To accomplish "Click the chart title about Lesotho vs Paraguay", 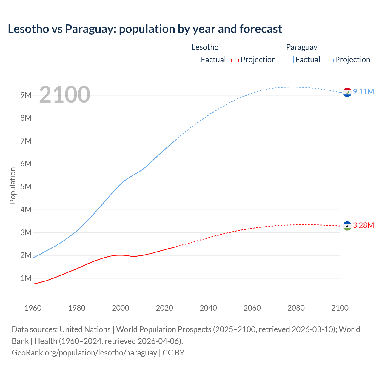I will (x=145, y=29).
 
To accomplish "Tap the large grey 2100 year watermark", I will (x=64, y=95).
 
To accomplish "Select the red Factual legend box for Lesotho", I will (x=195, y=59).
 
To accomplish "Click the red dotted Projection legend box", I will (x=235, y=59).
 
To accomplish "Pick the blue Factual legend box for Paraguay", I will (x=289, y=59).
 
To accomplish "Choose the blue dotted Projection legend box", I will (x=329, y=59).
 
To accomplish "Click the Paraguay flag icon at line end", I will (x=347, y=93).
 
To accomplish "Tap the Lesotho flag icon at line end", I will (x=347, y=226).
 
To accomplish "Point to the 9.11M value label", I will (x=363, y=92).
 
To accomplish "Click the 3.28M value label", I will (x=363, y=225).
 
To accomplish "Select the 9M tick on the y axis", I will (x=26, y=95).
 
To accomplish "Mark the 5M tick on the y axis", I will (x=26, y=187).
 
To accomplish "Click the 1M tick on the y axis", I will (x=26, y=278).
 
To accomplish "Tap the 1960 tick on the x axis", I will (x=33, y=308).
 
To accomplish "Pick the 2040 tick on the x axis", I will (x=208, y=308).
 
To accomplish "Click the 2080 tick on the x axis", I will (x=296, y=308).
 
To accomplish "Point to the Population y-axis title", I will (x=13, y=185).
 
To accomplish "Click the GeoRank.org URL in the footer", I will (x=84, y=353).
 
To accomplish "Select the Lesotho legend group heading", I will (x=205, y=47).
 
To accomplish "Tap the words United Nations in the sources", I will (x=85, y=329).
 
